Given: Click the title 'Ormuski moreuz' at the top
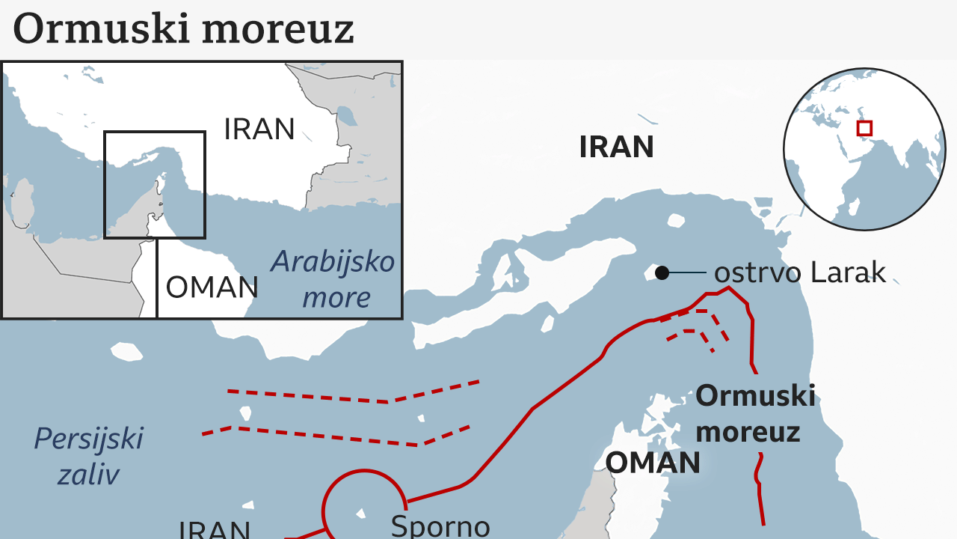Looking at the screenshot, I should [x=183, y=28].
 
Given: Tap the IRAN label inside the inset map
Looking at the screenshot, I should [x=259, y=130].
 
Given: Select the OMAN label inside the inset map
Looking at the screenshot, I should [x=212, y=287].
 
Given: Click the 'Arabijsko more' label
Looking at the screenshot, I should [x=333, y=279].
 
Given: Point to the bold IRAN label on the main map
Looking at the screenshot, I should [x=616, y=147].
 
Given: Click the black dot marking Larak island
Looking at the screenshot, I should [x=662, y=273].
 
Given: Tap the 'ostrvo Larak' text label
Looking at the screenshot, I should [x=799, y=273].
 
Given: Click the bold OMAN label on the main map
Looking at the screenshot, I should [x=652, y=463].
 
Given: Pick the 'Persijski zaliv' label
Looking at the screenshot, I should [x=88, y=455].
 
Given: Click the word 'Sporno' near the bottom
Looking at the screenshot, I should [x=440, y=526].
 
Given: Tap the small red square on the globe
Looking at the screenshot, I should [x=864, y=128].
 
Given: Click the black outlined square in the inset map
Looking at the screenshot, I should [x=154, y=133].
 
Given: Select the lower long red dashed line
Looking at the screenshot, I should [x=336, y=435].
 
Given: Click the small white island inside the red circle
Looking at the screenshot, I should [x=361, y=514].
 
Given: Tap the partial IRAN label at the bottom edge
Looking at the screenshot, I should [x=214, y=529].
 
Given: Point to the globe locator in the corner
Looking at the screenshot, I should [x=864, y=150].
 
